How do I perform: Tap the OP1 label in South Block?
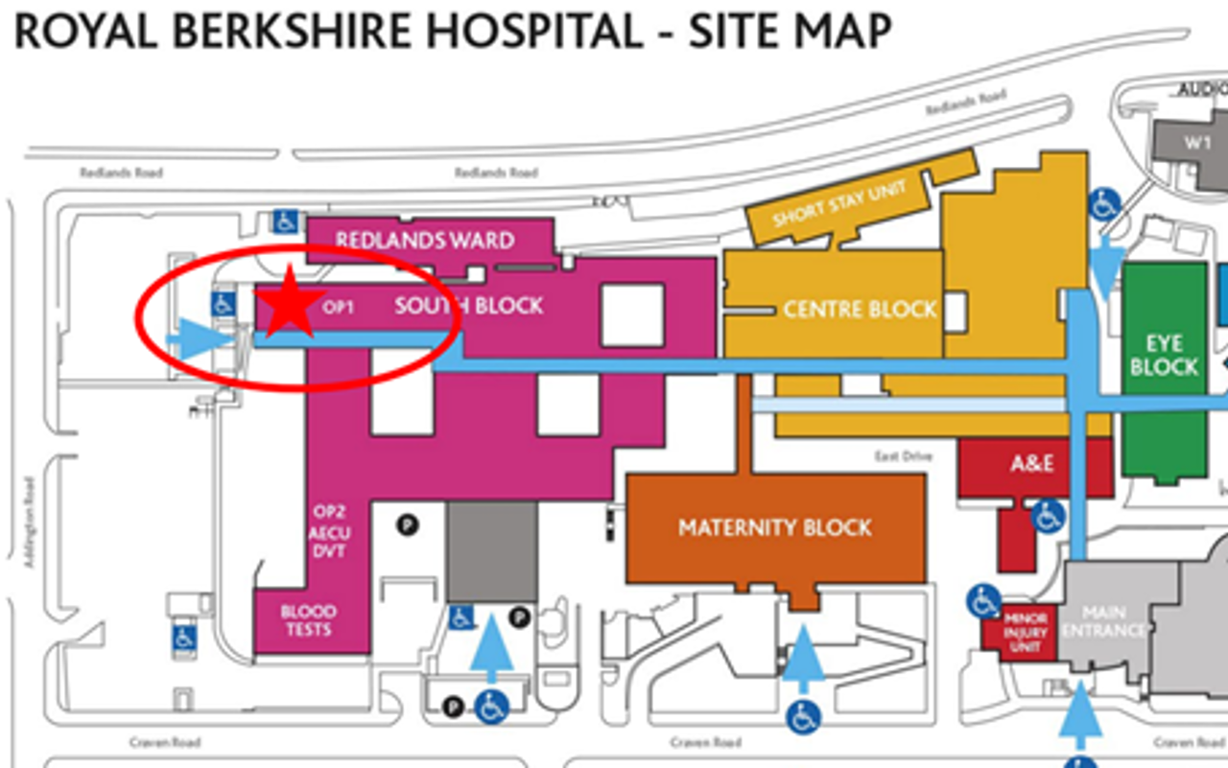(339, 308)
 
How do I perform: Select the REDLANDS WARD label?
(425, 240)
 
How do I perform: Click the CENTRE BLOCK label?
(860, 309)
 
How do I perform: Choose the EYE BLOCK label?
(1164, 355)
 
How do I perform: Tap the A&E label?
(1032, 464)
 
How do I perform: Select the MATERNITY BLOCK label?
(775, 527)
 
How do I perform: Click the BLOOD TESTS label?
(308, 620)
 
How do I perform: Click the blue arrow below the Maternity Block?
(803, 657)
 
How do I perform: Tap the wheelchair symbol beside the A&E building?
(1048, 517)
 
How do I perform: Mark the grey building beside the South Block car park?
(491, 551)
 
